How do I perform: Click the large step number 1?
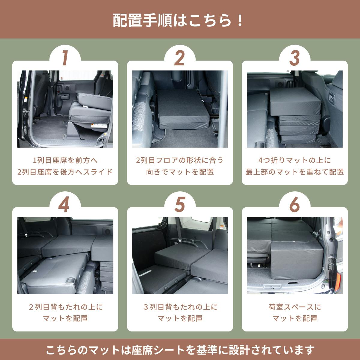[x=65, y=58]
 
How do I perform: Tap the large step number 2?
[x=179, y=58]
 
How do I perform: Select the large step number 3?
[x=294, y=58]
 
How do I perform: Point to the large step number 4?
[x=64, y=204]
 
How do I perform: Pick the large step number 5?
[x=179, y=204]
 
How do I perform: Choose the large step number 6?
[x=294, y=204]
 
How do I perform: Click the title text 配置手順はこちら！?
[x=178, y=21]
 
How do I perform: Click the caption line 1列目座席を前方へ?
[x=65, y=160]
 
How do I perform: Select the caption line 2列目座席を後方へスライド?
[x=65, y=172]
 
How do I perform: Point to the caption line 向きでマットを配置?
[x=180, y=172]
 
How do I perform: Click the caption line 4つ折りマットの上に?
[x=295, y=160]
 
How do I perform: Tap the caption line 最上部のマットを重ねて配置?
[x=295, y=172]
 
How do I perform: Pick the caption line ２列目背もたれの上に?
[x=65, y=307]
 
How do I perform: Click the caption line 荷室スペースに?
[x=295, y=307]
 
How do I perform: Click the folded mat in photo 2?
[x=183, y=109]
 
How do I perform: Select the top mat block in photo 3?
[x=295, y=102]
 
